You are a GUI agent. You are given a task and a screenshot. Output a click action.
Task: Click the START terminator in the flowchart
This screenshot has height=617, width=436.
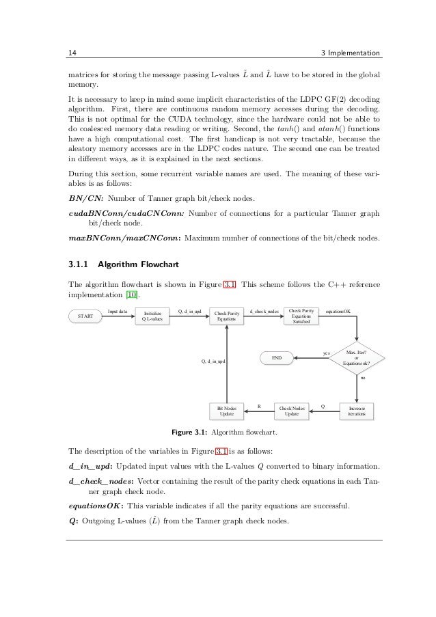coord(85,316)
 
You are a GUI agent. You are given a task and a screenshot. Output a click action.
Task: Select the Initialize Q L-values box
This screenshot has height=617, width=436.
coord(152,316)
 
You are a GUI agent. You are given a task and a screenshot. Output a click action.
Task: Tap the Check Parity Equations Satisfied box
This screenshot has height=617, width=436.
coord(301,316)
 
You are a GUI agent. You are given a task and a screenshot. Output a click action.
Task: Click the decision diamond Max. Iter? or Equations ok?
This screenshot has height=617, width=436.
coord(357,358)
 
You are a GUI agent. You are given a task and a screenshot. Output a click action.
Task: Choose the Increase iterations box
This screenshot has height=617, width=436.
coord(356,411)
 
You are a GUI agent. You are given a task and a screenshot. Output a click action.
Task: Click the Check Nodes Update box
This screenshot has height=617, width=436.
coord(291,411)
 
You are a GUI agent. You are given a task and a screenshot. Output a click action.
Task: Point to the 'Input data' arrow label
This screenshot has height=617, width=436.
coord(118,311)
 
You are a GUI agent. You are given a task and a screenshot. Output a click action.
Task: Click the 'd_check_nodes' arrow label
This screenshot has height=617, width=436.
coord(263,311)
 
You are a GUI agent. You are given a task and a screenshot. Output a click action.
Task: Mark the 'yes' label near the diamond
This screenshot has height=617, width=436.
coord(326,353)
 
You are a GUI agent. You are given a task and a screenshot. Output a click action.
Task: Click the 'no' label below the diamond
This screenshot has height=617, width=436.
coord(362,376)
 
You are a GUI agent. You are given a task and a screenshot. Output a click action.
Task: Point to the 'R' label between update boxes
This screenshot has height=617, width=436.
coord(258,407)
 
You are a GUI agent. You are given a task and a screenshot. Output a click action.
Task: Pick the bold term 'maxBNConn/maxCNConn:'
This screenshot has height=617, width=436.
coord(124,239)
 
